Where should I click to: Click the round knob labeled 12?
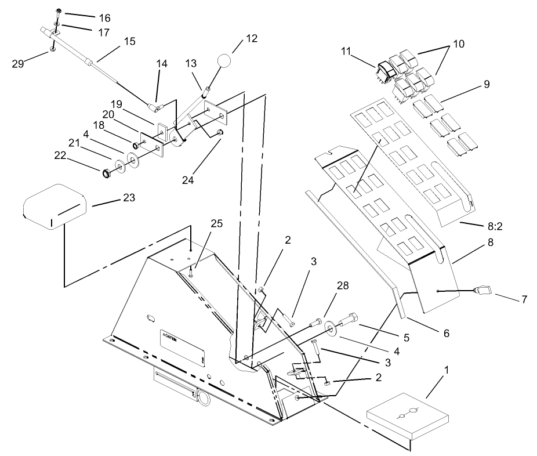pos(224,61)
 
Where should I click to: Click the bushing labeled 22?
pos(107,173)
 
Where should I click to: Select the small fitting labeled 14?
pos(155,107)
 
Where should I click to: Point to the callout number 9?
pos(486,84)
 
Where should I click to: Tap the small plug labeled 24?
pos(220,135)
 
